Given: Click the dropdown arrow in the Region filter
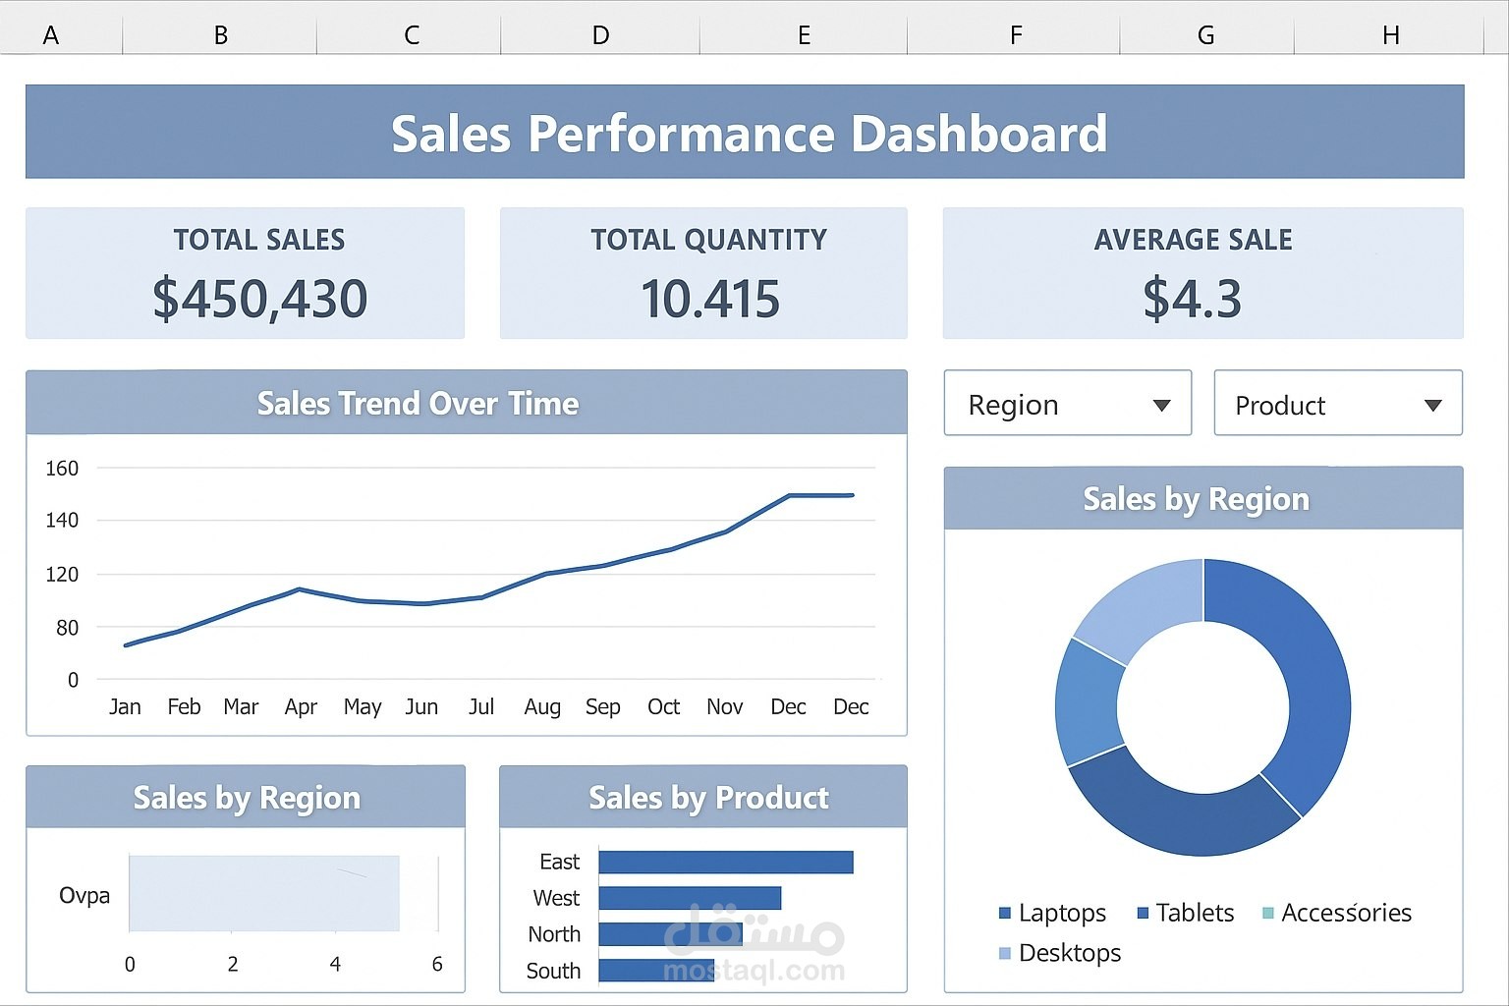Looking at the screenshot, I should coord(1161,406).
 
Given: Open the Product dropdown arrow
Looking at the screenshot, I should coord(1432,406).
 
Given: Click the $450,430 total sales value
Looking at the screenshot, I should coord(260,299).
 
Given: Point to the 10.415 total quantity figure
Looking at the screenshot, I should coord(710,299).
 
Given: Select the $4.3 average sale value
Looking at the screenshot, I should coord(1193,299).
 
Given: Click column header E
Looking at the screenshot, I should coord(804,35).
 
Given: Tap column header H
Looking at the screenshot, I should coord(1390,35).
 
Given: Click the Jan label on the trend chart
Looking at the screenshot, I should coord(125,707).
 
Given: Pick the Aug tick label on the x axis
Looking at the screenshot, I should coord(542,707).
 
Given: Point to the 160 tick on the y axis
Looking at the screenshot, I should coord(62,469).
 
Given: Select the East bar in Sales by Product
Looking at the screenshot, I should coord(725,863).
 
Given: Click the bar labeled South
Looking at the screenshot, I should coord(656,971).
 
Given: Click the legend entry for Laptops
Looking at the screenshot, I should coord(1062,914).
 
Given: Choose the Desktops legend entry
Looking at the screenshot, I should coord(1069,953).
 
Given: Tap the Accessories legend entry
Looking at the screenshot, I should coord(1346,914).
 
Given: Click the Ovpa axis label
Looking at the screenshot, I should coord(84,896).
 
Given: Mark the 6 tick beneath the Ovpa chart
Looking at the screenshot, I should coord(437,965).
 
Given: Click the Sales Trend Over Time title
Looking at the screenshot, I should coord(418,404).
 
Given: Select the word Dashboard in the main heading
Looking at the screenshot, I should coord(978,135).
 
